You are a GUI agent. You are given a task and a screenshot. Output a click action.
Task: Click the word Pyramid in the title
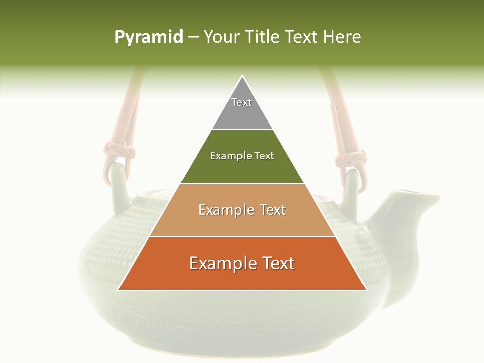point(148,37)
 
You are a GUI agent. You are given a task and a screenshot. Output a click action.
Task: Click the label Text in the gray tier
point(241,102)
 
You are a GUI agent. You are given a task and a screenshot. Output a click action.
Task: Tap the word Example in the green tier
point(226,156)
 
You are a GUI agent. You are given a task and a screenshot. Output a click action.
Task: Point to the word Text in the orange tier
point(275,263)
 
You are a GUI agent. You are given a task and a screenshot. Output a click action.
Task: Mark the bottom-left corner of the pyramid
point(118,290)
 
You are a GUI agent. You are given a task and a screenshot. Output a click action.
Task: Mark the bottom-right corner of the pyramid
point(367,290)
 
